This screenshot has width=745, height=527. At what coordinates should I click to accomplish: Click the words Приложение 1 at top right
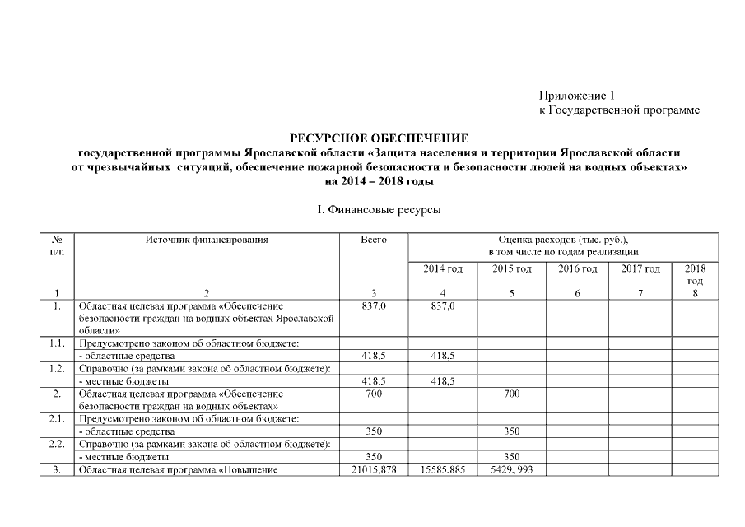tap(577, 95)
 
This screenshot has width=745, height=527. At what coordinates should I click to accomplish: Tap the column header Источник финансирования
tap(207, 240)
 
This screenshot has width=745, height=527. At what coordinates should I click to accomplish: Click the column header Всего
tap(374, 240)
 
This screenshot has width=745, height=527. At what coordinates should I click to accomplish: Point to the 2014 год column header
tap(443, 269)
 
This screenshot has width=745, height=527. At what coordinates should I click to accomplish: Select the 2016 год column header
tap(578, 269)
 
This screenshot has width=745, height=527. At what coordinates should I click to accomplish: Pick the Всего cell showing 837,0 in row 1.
tap(374, 305)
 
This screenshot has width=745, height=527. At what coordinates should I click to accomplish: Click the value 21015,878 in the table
tap(374, 469)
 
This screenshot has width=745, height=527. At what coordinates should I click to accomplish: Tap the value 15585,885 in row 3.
tap(443, 469)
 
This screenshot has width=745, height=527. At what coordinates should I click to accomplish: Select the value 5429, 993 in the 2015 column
tap(511, 469)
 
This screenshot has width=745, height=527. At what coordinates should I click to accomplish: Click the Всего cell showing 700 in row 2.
tap(374, 394)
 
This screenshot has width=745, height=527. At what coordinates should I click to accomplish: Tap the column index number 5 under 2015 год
tap(511, 293)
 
